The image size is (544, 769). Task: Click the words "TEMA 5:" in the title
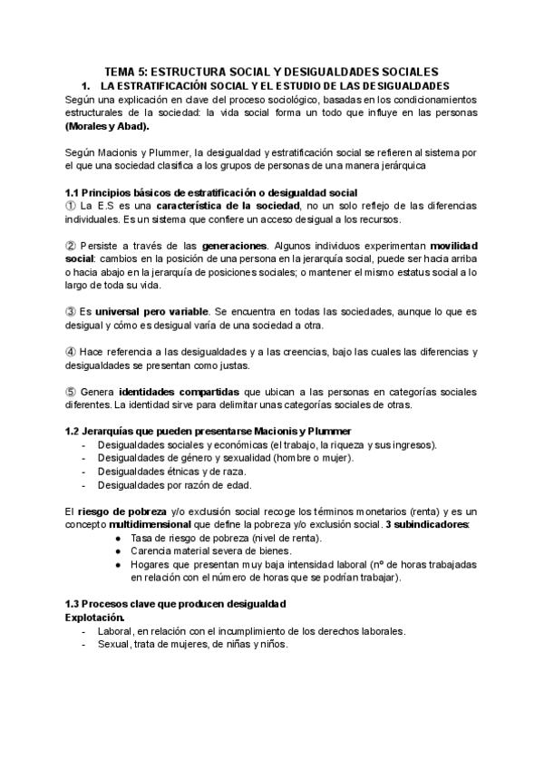[x=126, y=71]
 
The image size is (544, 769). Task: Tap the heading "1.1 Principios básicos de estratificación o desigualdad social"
[x=211, y=193]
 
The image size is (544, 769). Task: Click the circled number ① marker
[x=72, y=207]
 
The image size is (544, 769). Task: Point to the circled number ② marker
[x=72, y=246]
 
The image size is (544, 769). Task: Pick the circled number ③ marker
[x=72, y=311]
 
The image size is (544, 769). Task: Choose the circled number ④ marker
[x=72, y=351]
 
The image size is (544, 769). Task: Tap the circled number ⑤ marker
[x=72, y=391]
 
